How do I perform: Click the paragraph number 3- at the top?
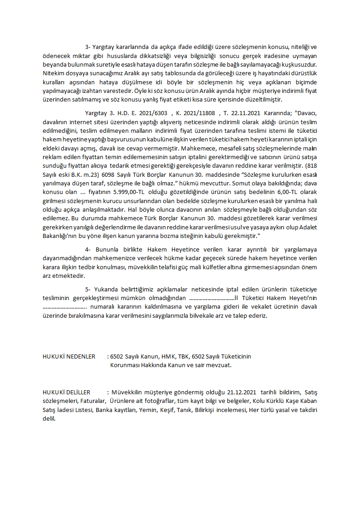tap(88, 47)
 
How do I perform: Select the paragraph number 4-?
tap(88, 249)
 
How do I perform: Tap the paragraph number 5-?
tap(88, 289)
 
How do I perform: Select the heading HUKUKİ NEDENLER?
tap(69, 356)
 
